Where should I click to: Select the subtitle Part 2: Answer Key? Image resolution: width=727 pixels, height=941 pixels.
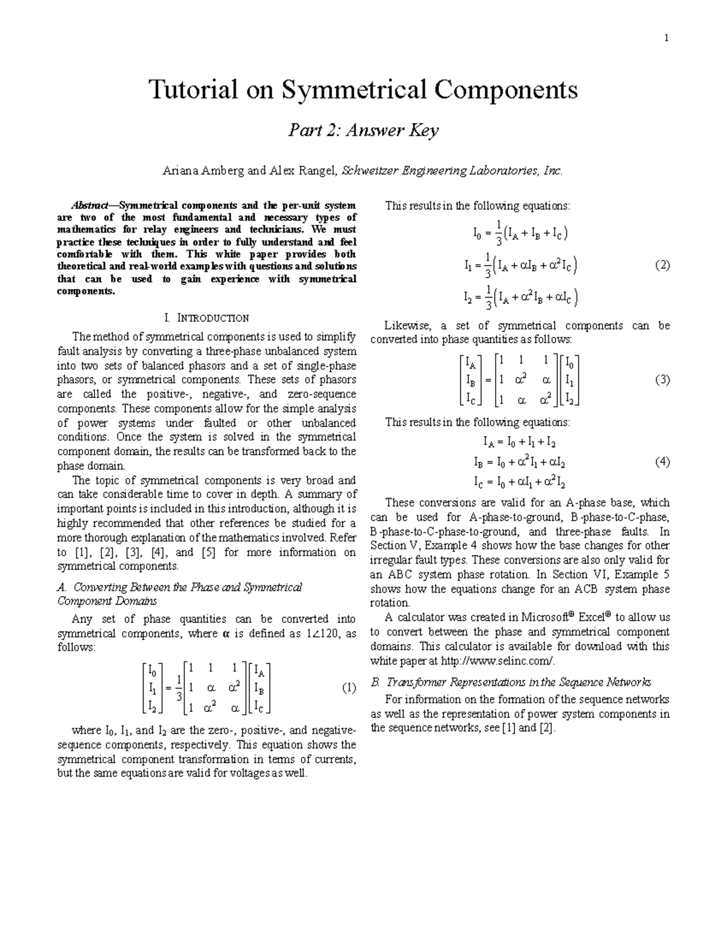coord(363,130)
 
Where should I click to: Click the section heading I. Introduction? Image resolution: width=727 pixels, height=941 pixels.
coord(206,318)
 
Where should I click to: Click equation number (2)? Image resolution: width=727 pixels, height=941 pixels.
coord(662,265)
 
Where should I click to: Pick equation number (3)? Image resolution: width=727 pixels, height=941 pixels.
coord(662,380)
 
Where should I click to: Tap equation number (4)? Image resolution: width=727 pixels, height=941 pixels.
coord(662,462)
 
